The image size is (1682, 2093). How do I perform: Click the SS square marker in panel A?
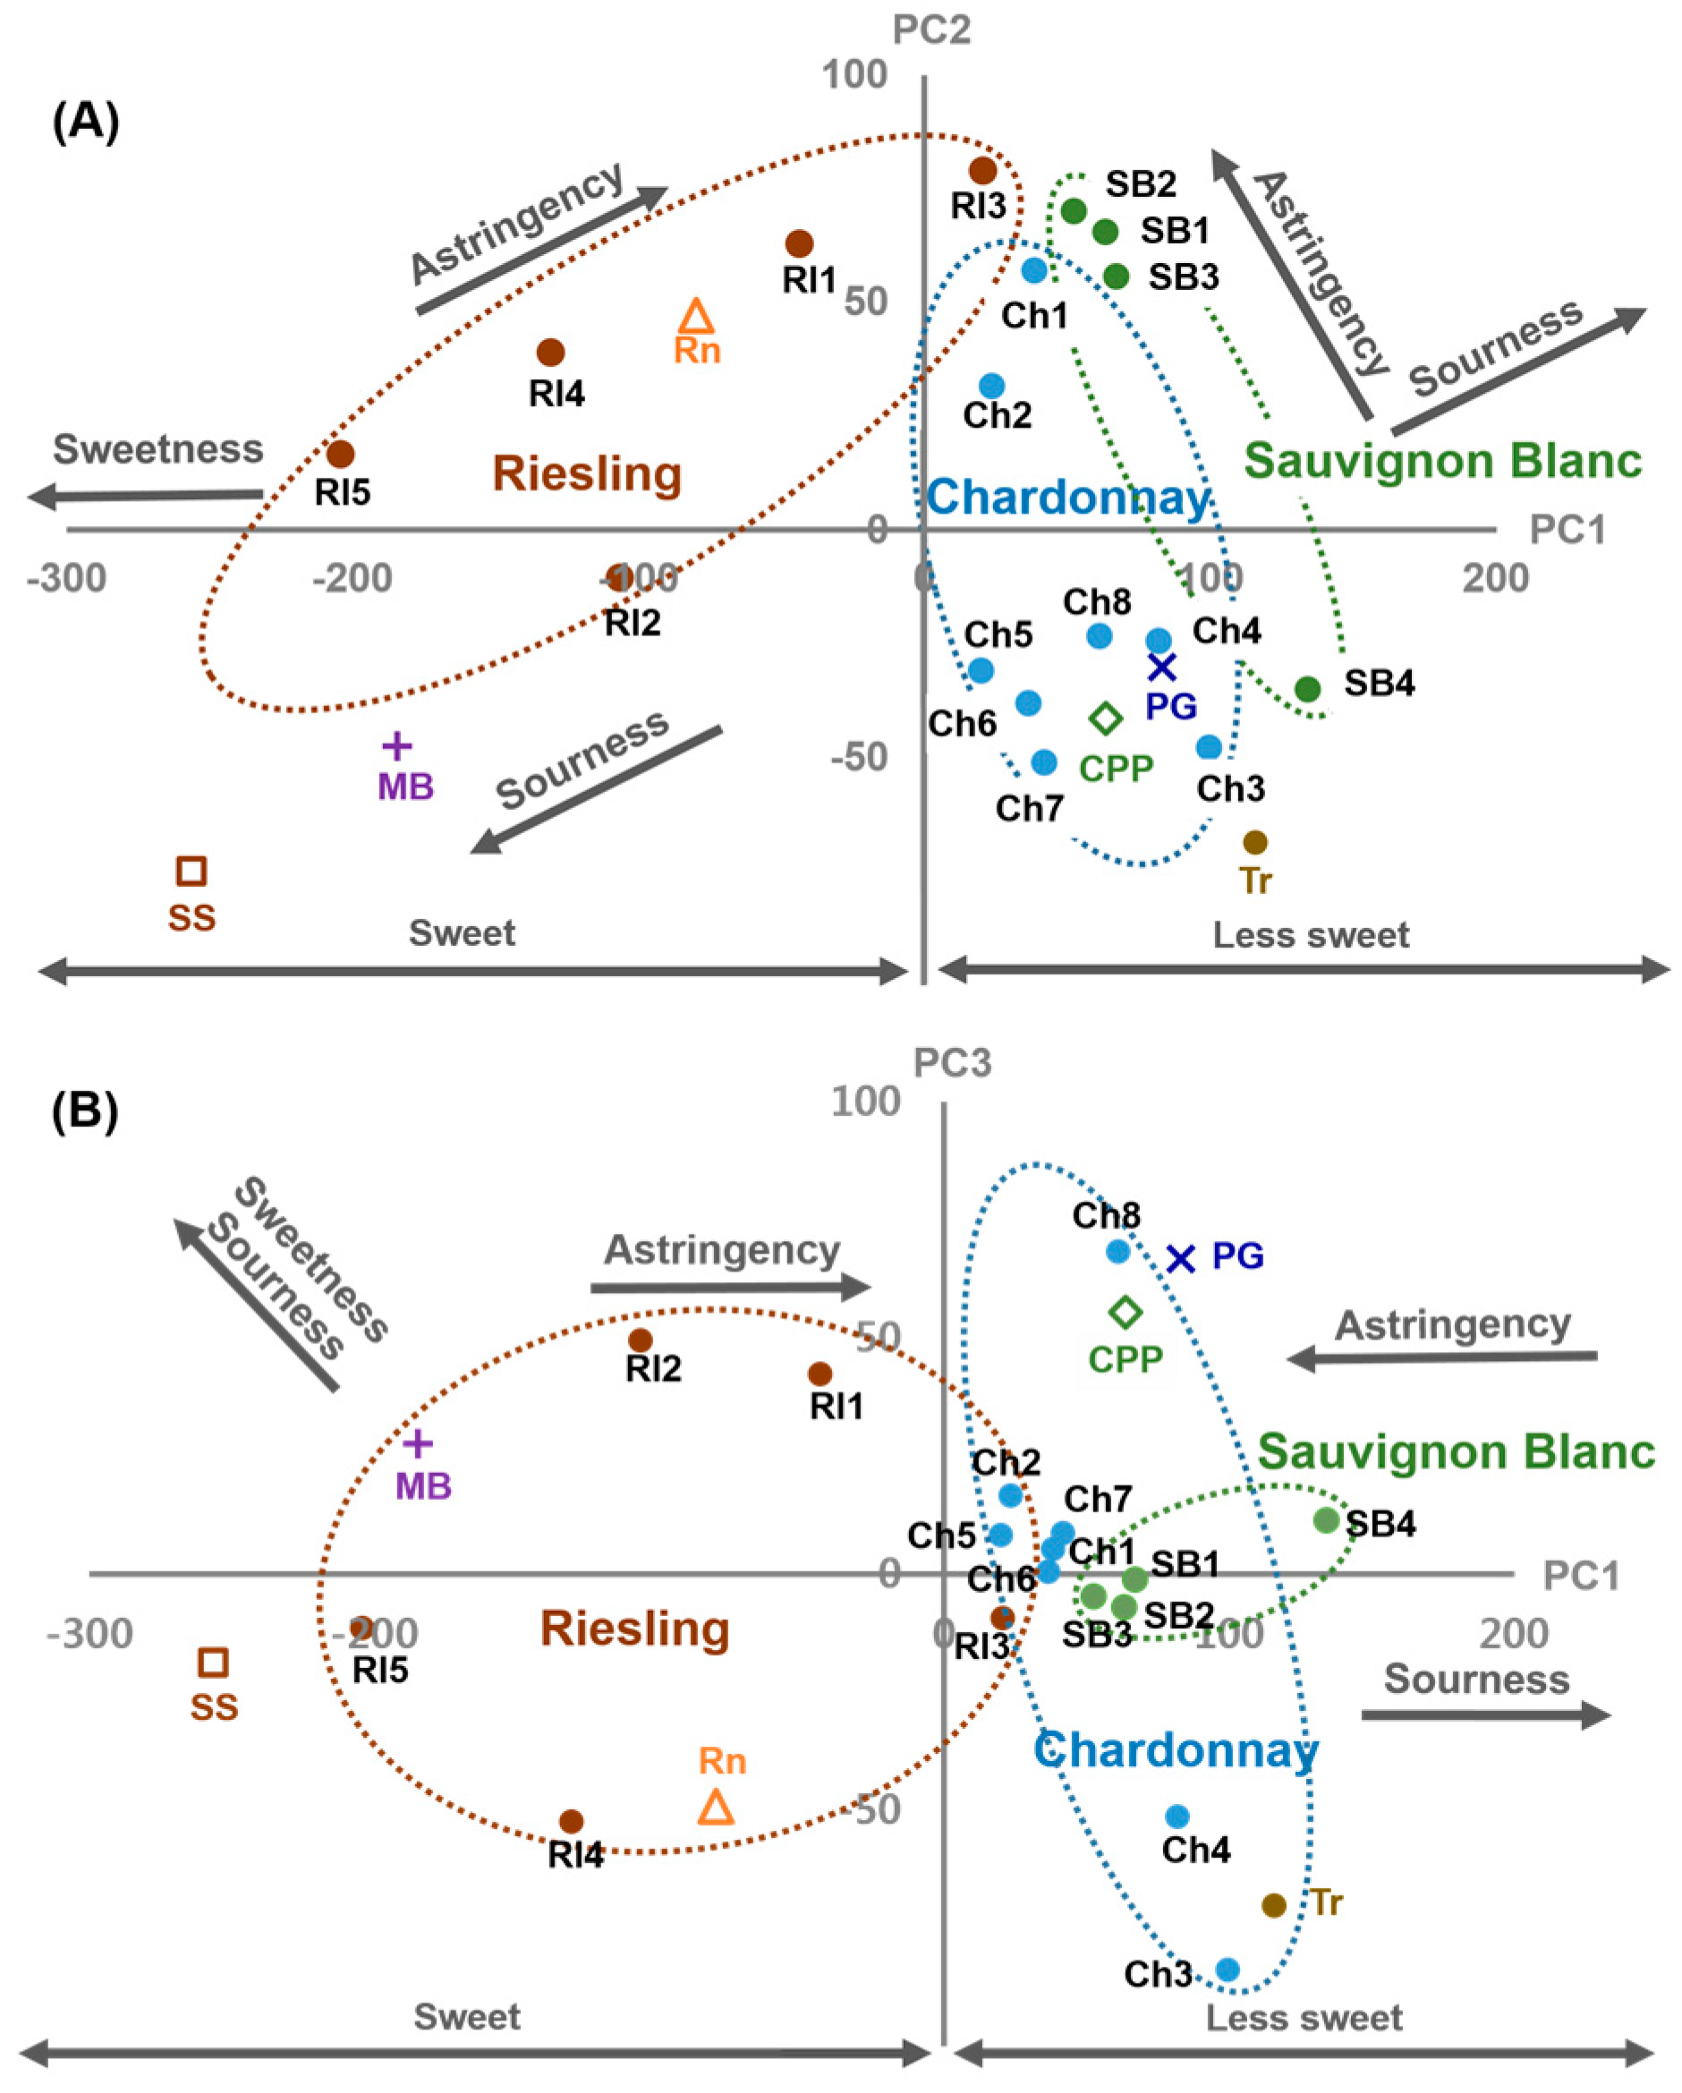point(191,871)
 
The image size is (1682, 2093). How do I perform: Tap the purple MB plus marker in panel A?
point(397,745)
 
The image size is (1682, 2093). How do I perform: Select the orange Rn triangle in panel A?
point(696,318)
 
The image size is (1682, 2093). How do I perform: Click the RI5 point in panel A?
point(340,454)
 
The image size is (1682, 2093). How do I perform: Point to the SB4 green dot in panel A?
point(1307,689)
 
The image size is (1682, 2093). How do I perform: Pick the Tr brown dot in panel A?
point(1255,842)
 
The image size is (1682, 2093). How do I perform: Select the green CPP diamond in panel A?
point(1106,719)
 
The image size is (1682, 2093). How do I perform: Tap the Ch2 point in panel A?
point(991,387)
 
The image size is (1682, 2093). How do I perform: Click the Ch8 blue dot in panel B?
point(1118,1251)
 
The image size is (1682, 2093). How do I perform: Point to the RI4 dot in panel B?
point(571,1821)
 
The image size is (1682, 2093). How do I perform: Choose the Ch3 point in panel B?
point(1228,1969)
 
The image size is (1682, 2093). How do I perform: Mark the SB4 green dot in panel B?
point(1326,1520)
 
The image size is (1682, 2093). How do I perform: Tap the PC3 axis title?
point(952,1063)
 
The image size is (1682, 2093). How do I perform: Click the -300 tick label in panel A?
point(66,579)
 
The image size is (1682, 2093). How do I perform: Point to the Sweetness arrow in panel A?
point(146,496)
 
